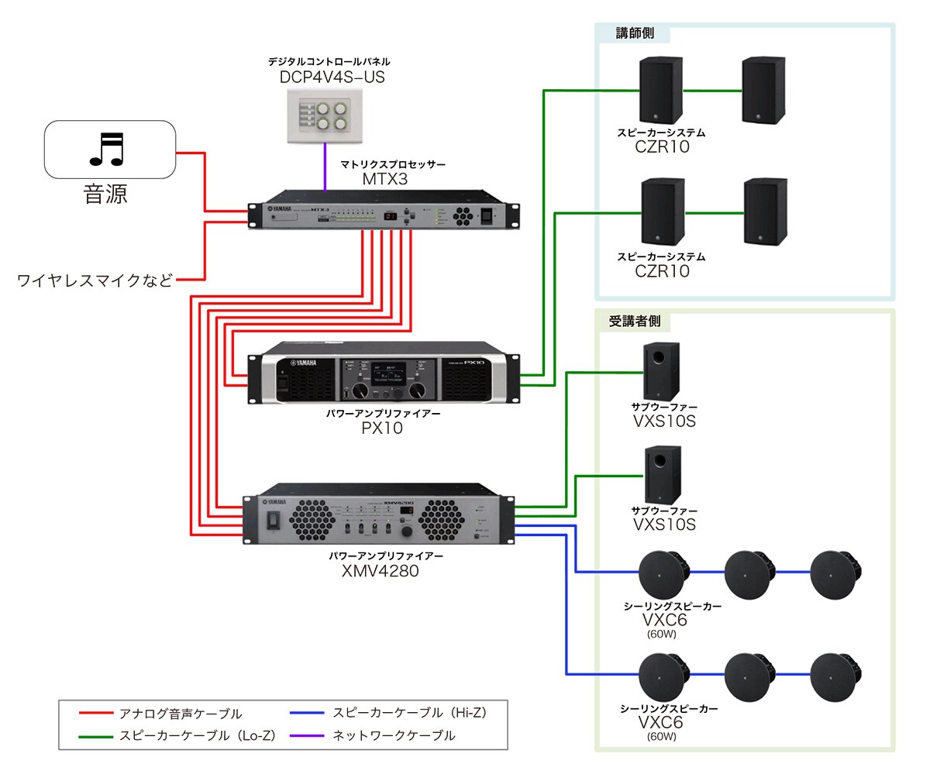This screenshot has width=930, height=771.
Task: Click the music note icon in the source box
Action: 106,149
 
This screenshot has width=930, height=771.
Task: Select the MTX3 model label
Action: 385,180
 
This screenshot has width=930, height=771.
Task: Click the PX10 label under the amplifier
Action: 382,428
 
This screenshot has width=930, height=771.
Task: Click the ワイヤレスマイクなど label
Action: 95,280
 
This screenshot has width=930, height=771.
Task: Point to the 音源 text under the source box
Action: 105,193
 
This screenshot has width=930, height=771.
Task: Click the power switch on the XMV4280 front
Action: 271,521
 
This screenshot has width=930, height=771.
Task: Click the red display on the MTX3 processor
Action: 392,216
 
